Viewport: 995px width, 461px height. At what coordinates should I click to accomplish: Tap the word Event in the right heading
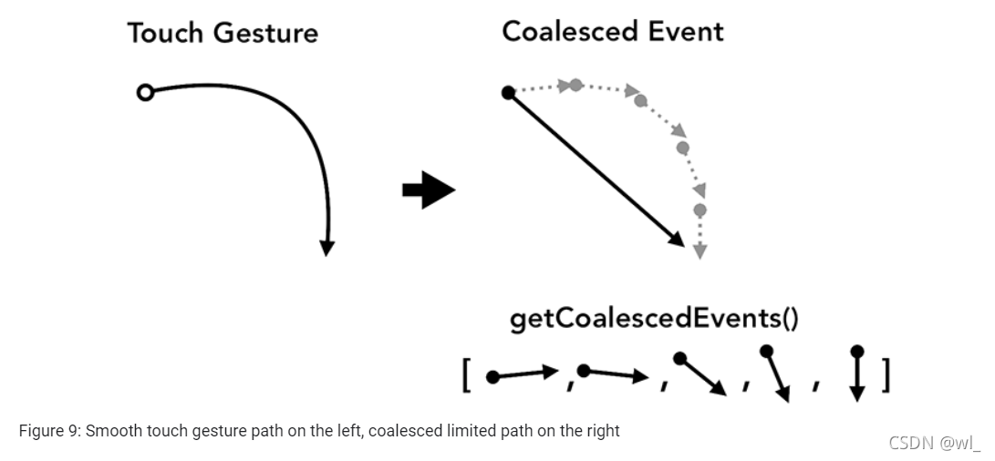click(x=685, y=31)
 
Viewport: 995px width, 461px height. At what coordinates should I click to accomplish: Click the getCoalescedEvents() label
click(x=654, y=320)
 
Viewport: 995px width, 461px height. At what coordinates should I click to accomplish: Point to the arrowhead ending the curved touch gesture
click(x=326, y=247)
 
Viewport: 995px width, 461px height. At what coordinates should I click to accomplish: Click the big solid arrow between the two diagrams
click(x=428, y=191)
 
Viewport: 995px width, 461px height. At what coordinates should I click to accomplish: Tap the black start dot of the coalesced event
click(x=509, y=91)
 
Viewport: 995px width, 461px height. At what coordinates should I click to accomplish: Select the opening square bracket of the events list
click(x=467, y=375)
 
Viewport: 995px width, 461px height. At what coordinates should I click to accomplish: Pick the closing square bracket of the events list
click(x=885, y=375)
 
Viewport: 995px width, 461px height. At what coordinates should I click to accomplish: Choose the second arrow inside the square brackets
click(x=614, y=373)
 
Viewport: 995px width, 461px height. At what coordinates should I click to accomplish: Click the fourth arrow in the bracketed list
click(x=776, y=374)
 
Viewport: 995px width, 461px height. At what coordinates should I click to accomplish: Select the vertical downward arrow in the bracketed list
click(x=855, y=374)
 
